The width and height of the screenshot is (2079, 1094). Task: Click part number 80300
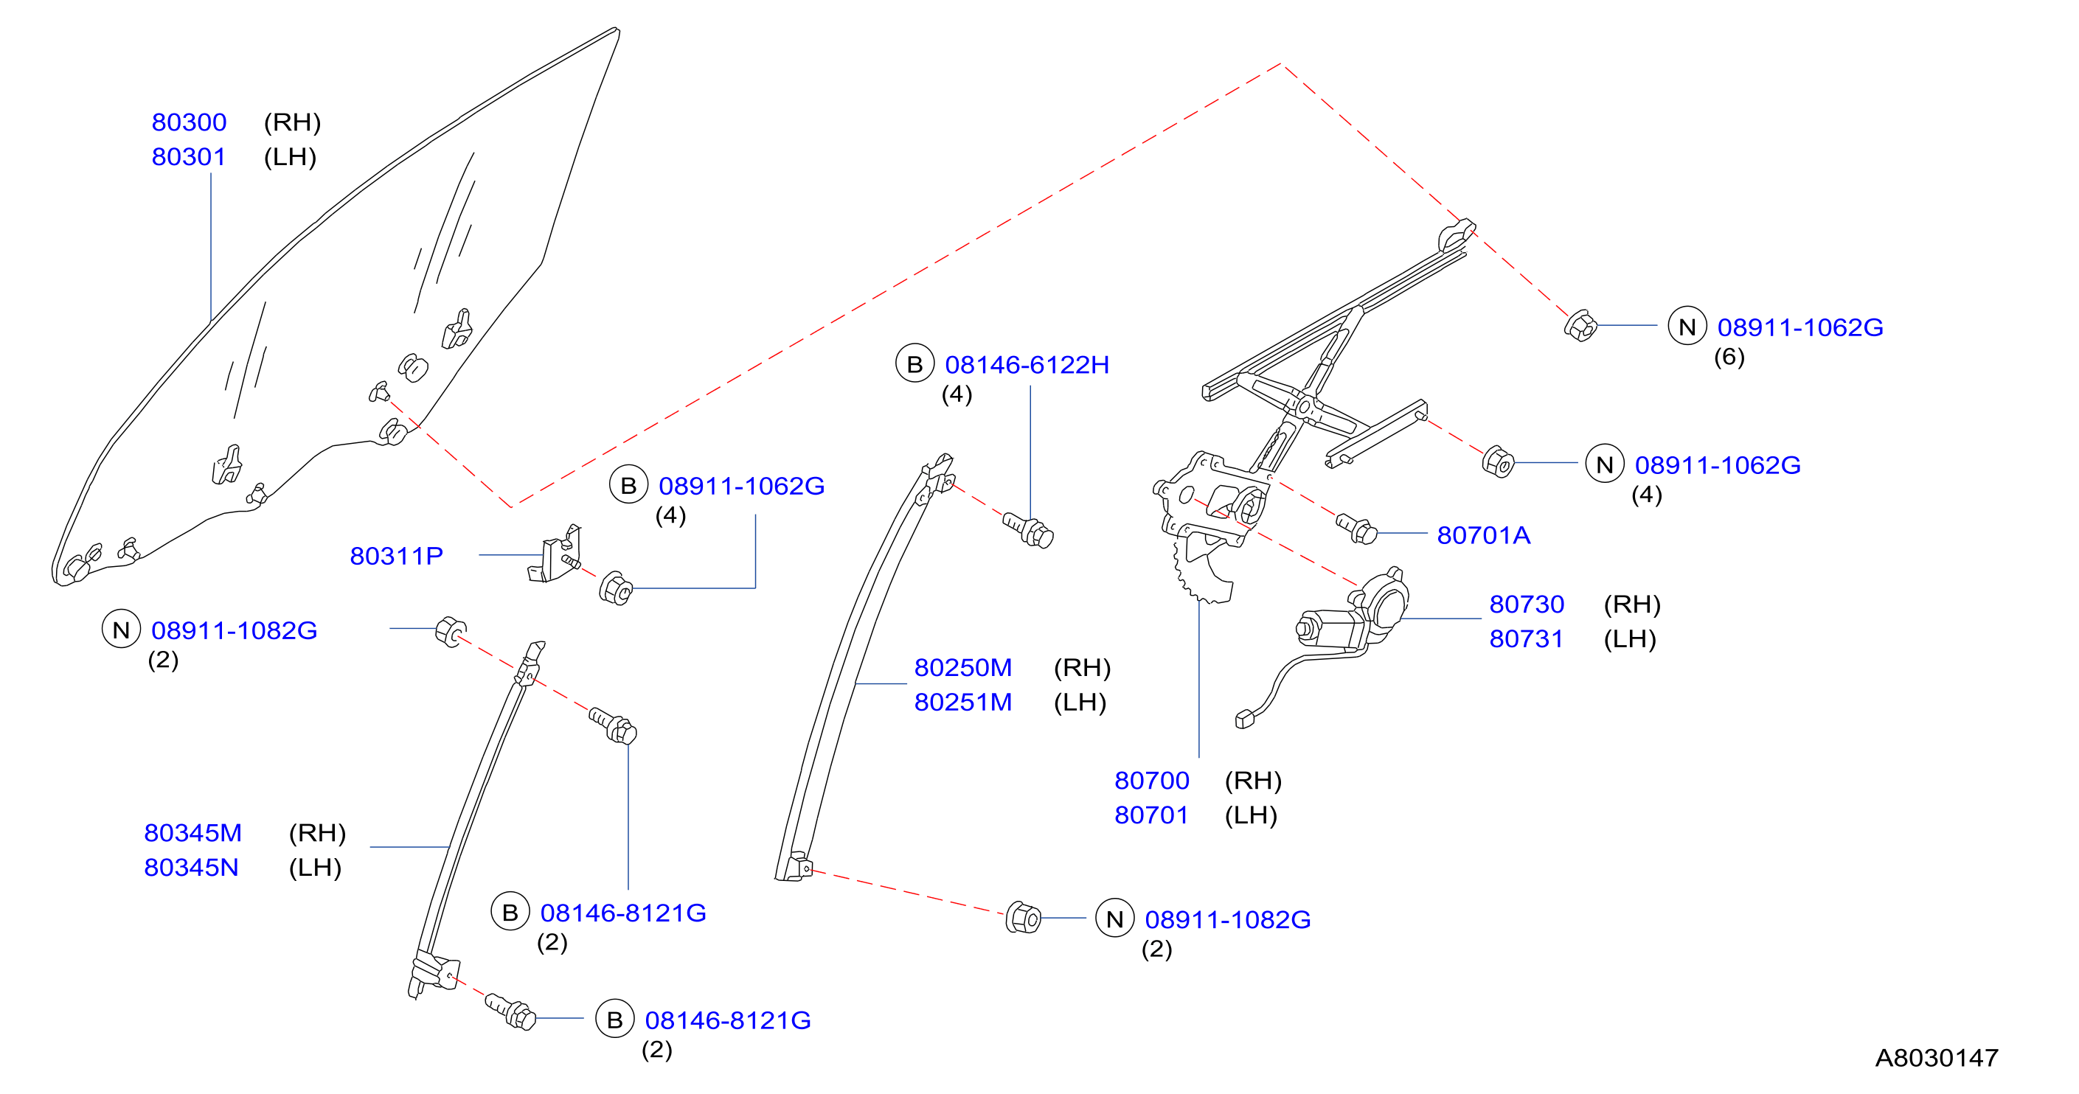[189, 122]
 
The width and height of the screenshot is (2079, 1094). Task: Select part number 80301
[189, 156]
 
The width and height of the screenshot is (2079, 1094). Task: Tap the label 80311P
[396, 556]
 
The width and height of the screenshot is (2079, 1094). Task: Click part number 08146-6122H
[1027, 365]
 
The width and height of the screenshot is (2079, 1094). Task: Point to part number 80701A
[1483, 535]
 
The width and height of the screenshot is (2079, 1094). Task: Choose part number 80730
[1526, 605]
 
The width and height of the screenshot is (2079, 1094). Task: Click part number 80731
[1526, 639]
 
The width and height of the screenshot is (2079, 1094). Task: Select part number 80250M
[963, 668]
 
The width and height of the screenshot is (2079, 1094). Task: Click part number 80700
[1152, 781]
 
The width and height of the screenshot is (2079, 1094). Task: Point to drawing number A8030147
[1936, 1058]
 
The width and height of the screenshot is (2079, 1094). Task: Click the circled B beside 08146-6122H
[914, 365]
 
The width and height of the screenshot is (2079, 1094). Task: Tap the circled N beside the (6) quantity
[1687, 327]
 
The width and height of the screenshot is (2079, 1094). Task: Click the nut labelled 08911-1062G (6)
[1580, 326]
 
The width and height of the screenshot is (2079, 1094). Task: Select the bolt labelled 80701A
[1357, 529]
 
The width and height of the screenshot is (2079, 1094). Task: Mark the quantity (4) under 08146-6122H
[957, 394]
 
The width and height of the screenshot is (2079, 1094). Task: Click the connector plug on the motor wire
[1244, 719]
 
